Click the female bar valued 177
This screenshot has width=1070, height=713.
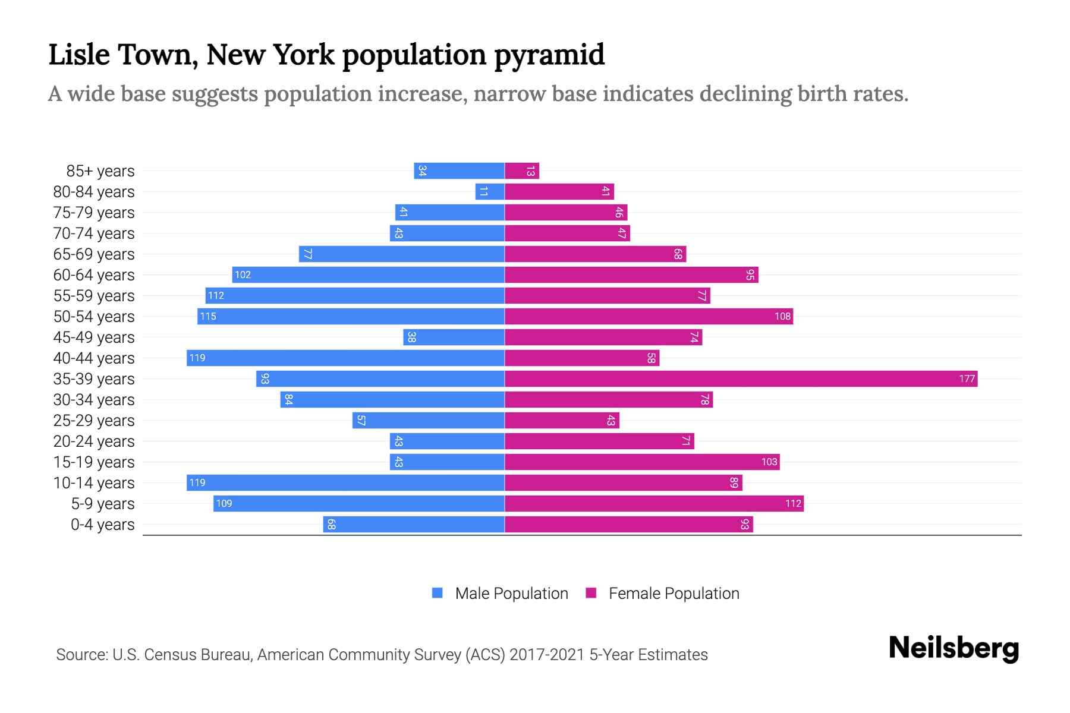741,378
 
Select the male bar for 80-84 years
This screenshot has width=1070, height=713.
490,191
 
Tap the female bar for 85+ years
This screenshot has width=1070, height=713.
522,171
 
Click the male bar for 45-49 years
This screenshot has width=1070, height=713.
454,337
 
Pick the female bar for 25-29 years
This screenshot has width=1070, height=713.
562,421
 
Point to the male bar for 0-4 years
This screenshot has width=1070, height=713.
414,524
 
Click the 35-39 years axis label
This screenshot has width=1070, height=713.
94,379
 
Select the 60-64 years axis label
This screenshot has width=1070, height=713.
94,275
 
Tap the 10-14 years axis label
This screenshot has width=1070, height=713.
94,483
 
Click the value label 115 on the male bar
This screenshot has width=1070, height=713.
208,317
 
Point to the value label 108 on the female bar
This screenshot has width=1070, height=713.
782,317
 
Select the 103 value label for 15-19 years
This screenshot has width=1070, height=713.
769,462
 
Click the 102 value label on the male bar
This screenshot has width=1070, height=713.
243,275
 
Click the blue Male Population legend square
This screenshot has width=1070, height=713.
438,593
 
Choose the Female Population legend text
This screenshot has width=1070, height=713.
674,594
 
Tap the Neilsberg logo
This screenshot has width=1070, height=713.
953,648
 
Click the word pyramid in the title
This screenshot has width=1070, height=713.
549,55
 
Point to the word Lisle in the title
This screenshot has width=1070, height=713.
79,55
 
